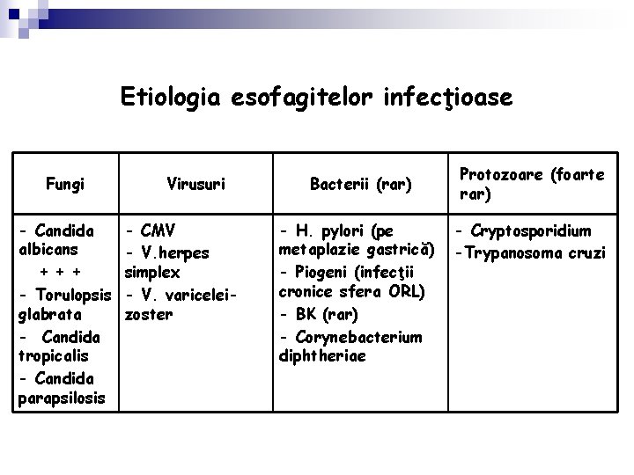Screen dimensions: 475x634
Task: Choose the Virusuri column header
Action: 196,184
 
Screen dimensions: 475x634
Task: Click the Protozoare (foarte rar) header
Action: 531,184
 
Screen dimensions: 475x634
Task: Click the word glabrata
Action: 49,314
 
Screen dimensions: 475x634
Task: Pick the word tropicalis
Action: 50,357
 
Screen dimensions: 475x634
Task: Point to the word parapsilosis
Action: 60,399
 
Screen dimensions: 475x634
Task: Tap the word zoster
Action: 150,314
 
